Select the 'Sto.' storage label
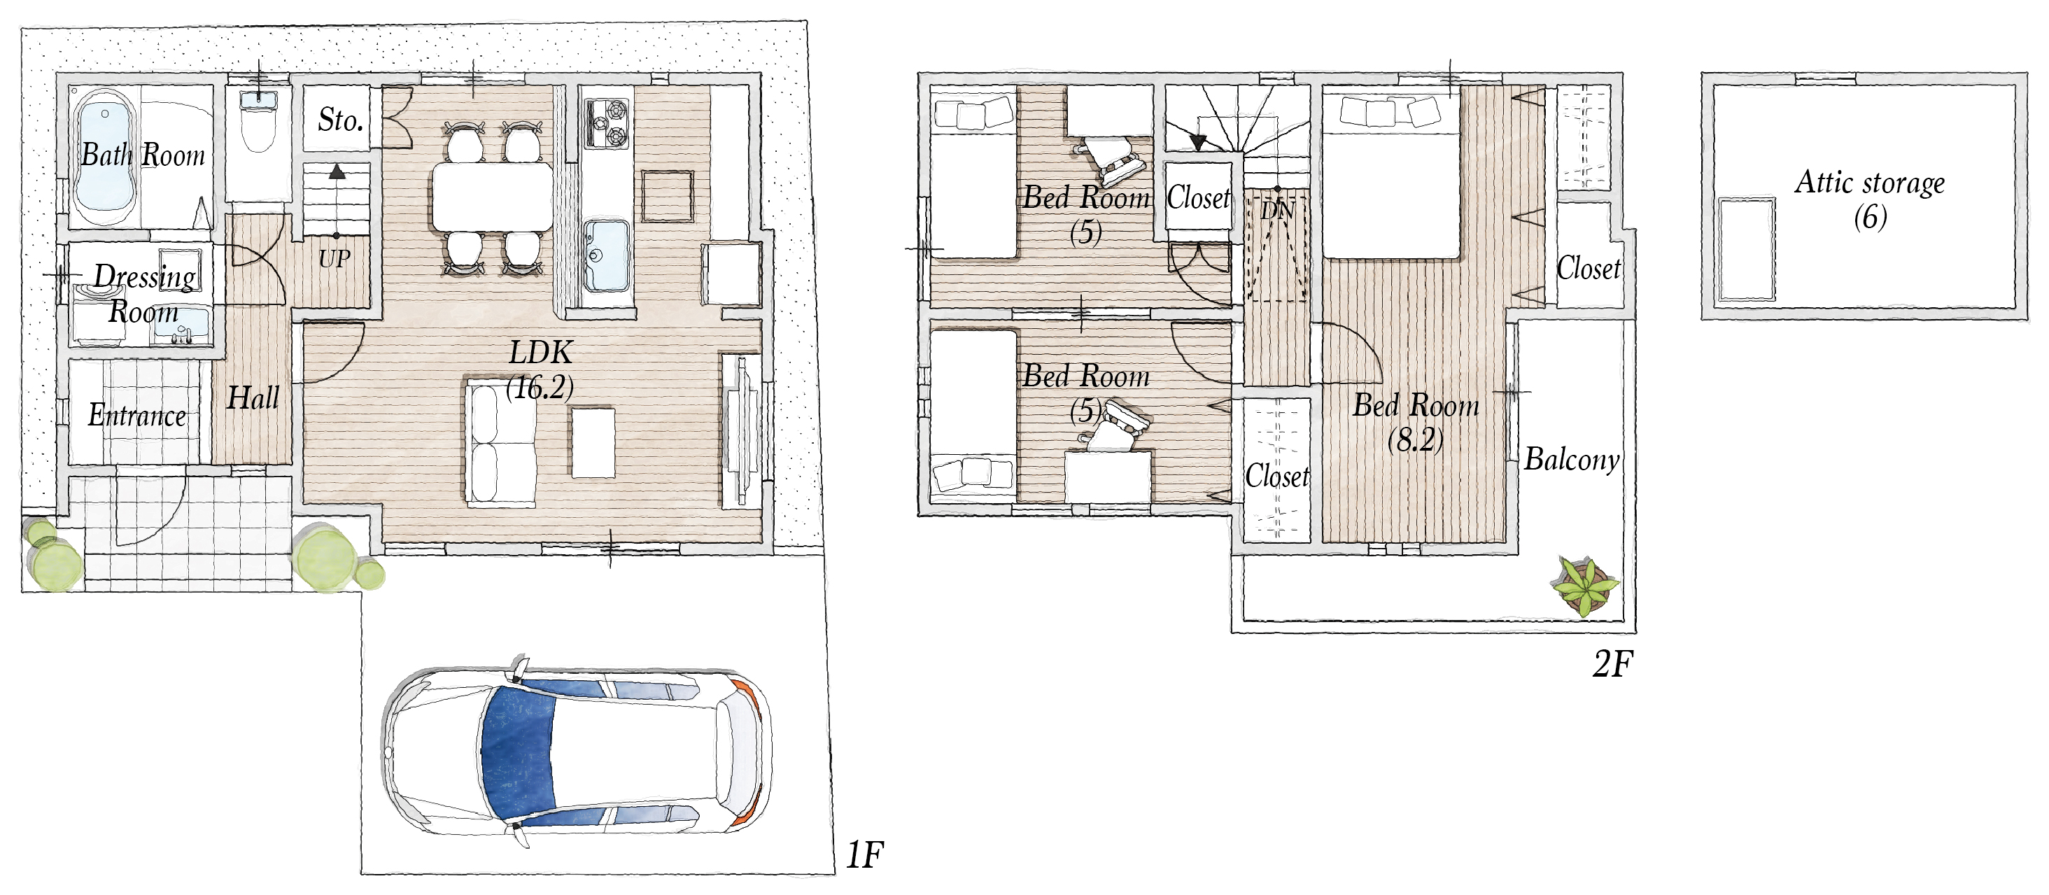pyautogui.click(x=340, y=120)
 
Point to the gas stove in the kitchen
pyautogui.click(x=607, y=123)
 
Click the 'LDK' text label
pyautogui.click(x=541, y=353)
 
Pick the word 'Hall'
pyautogui.click(x=253, y=397)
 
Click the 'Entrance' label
pyautogui.click(x=137, y=415)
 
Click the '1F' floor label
pyautogui.click(x=865, y=855)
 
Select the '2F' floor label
pyautogui.click(x=1612, y=663)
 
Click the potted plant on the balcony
pyautogui.click(x=1584, y=587)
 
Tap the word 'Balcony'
pyautogui.click(x=1572, y=460)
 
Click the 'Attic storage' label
pyautogui.click(x=1870, y=183)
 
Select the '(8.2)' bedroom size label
pyautogui.click(x=1415, y=439)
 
